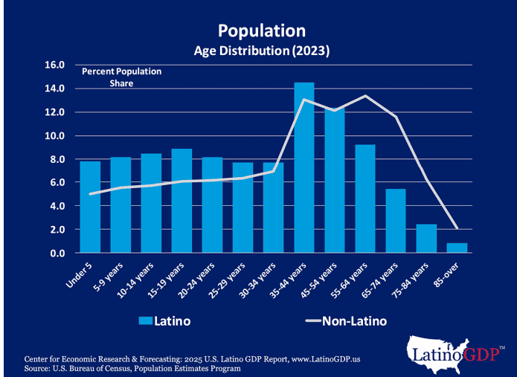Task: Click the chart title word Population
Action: point(261,30)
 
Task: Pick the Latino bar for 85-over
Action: point(456,248)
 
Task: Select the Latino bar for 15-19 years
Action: point(182,201)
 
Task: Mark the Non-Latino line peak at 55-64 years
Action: point(365,96)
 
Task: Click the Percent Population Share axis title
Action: point(121,77)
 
